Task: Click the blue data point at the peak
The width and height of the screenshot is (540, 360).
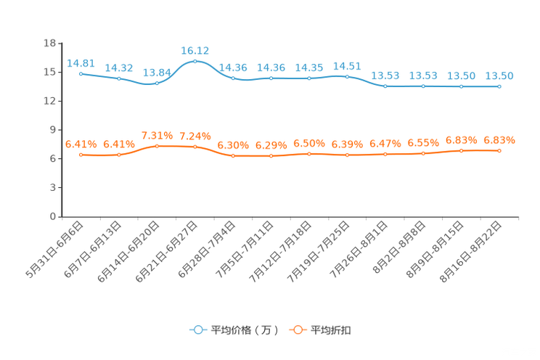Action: (195, 62)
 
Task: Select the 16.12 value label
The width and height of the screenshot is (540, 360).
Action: (195, 50)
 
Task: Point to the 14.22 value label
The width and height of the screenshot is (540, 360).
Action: (118, 67)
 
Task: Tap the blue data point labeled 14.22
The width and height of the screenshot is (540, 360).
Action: (119, 78)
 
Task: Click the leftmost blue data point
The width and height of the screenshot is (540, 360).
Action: (81, 73)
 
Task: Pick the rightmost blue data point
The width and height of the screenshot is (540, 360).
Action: (499, 86)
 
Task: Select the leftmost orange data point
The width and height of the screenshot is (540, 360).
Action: (81, 155)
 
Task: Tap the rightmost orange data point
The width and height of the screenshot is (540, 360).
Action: (499, 151)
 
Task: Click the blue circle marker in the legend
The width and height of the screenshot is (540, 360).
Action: (197, 330)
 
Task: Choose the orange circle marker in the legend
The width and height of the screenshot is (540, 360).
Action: (297, 330)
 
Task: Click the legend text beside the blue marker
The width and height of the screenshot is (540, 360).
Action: (244, 330)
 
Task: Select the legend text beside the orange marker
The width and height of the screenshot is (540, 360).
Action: (332, 330)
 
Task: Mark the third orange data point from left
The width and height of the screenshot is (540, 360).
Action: (157, 146)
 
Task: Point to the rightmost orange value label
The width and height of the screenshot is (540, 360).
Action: (499, 139)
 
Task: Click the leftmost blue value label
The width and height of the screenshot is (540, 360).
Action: (81, 63)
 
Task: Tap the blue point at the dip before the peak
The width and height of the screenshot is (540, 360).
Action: (157, 83)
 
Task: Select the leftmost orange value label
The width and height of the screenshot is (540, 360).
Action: (81, 144)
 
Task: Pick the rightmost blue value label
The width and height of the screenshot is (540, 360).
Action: (499, 75)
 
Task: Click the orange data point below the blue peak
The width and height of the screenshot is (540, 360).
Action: (195, 147)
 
